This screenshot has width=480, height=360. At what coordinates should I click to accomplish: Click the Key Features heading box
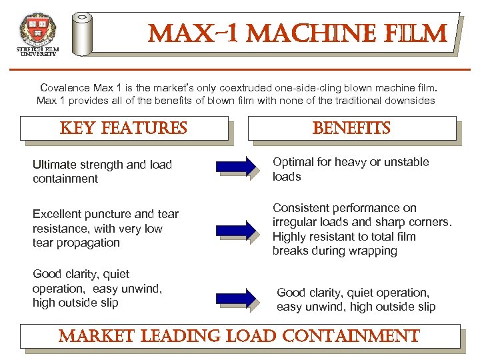[x=124, y=128]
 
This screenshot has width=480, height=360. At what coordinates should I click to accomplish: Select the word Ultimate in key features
[x=53, y=165]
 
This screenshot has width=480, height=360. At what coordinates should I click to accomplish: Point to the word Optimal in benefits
[x=293, y=162]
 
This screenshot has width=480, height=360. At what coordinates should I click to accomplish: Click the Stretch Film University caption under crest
[x=38, y=51]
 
